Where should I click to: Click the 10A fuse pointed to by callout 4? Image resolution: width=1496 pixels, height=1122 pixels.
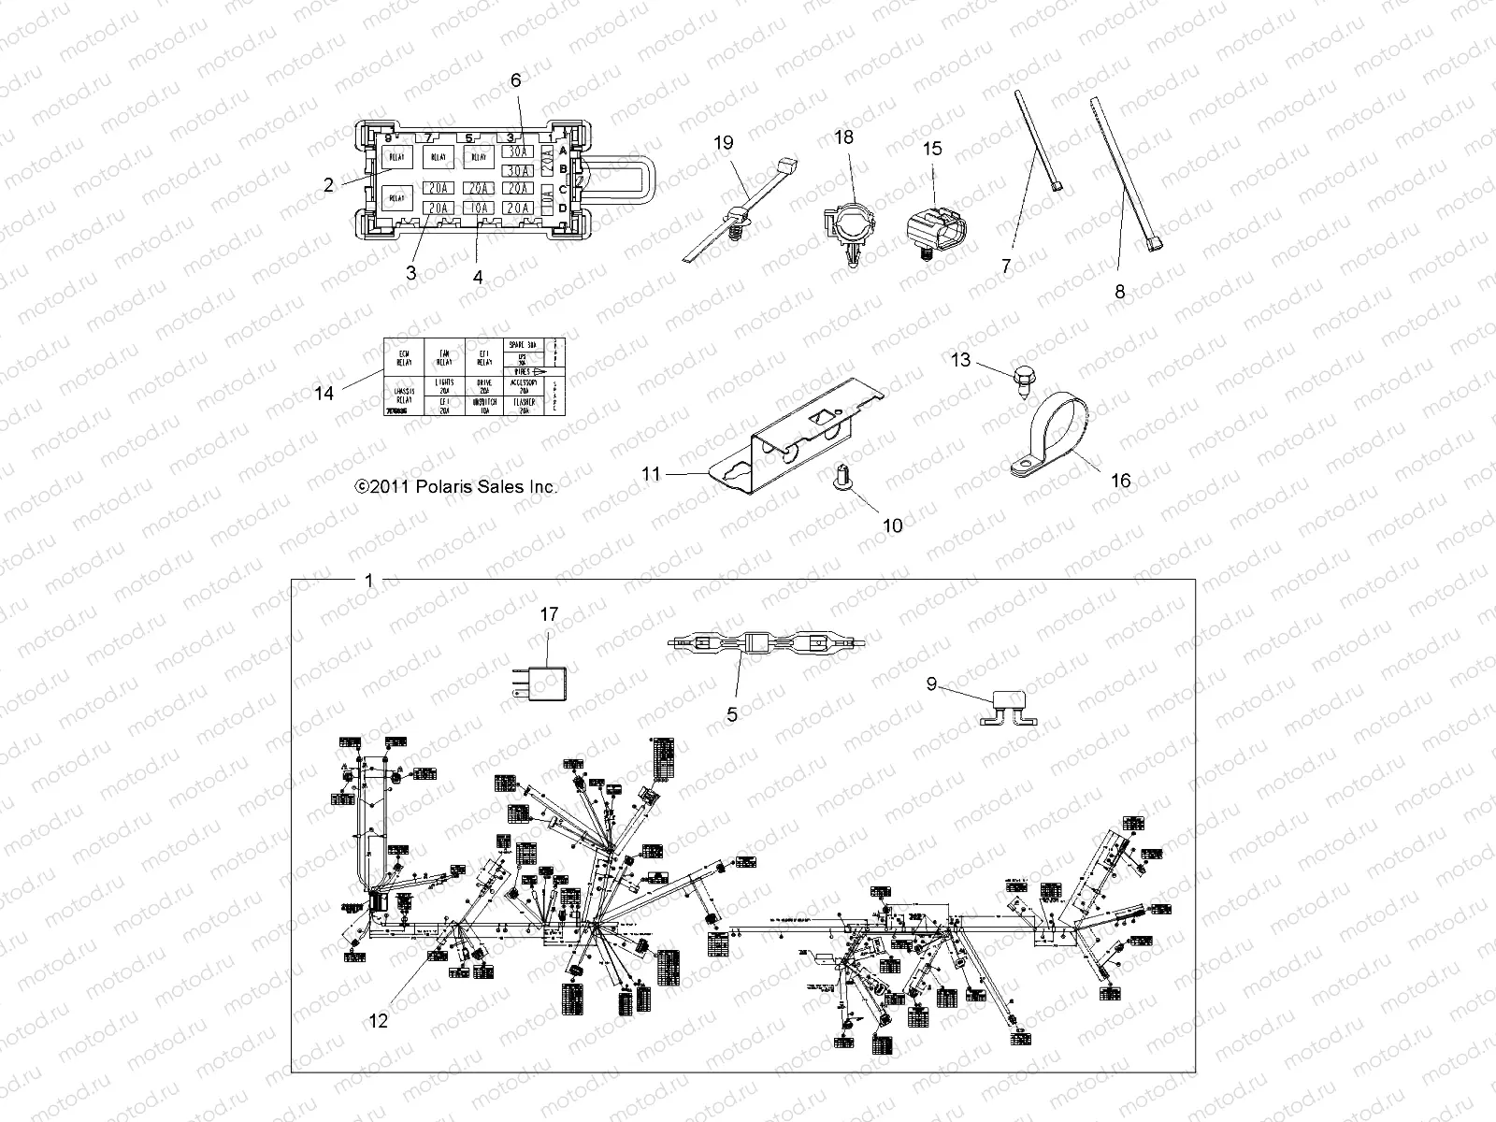tap(481, 208)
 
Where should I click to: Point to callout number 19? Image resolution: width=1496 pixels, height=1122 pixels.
tap(724, 143)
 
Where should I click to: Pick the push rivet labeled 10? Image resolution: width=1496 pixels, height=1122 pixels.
tap(841, 481)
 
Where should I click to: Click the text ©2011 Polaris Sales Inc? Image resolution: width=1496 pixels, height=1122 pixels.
tap(456, 486)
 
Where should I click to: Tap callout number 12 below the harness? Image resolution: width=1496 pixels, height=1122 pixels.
tap(378, 1020)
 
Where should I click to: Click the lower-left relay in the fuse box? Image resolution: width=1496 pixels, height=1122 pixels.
tap(396, 197)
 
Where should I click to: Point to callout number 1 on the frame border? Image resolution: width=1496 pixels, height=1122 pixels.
tap(368, 581)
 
